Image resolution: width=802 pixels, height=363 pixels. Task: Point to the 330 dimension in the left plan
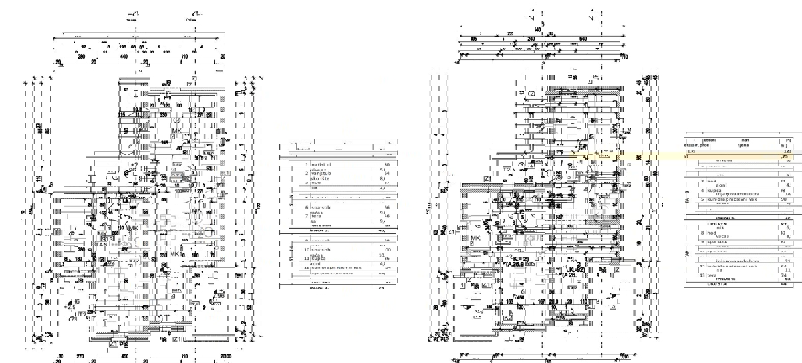click(x=163, y=114)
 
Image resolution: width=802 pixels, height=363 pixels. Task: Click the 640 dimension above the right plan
click(x=583, y=39)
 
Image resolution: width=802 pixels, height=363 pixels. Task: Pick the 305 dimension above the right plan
click(x=473, y=39)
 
